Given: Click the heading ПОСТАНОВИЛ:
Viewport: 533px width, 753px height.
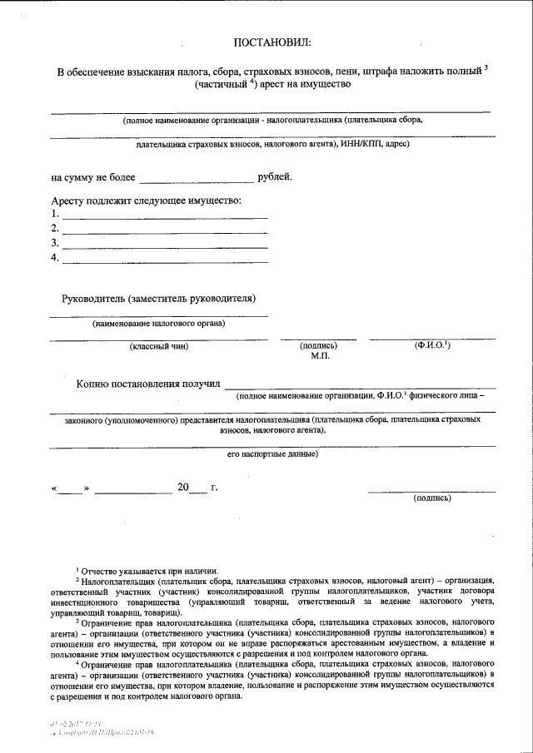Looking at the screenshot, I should coord(271,42).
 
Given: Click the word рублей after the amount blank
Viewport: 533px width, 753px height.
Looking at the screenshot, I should coord(276,177).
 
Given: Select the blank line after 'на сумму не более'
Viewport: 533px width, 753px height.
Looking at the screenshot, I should coord(197,180).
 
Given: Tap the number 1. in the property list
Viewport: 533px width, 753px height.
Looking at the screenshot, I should coord(55,214).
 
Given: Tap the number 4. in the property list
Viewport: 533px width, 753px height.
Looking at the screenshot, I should coord(55,258).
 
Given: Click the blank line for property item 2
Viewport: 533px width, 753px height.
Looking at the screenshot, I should coord(165,232).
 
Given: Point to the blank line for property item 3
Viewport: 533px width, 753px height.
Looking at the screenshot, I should coord(165,247).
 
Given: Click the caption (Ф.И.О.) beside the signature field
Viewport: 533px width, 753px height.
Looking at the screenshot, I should coord(432,344).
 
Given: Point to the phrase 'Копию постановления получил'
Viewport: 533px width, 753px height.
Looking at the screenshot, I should coord(147,384).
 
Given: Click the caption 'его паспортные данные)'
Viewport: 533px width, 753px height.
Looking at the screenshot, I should coord(271,454).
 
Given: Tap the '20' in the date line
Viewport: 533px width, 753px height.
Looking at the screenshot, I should coord(183,487).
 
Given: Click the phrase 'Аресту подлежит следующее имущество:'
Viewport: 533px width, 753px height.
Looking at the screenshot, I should coord(146,201).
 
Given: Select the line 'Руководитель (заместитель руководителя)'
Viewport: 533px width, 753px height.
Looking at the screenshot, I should coord(158,298).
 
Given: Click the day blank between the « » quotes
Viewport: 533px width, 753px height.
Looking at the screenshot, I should coord(71,488).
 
